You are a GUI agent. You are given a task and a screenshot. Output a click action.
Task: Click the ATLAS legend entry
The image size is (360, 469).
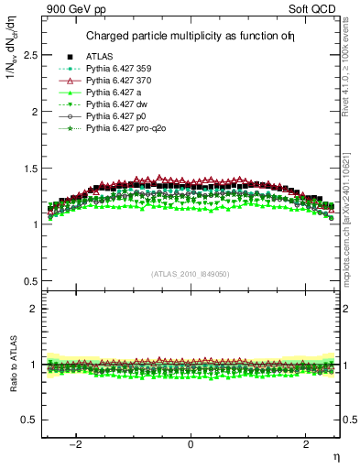click(x=101, y=57)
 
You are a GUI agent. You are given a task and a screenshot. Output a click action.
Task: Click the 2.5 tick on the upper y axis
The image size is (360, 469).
click(x=31, y=55)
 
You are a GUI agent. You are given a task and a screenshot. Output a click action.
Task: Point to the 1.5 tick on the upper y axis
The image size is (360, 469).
click(x=31, y=168)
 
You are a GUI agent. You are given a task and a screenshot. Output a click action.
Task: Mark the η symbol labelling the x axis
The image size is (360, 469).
click(x=334, y=455)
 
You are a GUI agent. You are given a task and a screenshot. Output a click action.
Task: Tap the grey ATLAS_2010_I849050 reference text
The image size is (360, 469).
click(x=190, y=273)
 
